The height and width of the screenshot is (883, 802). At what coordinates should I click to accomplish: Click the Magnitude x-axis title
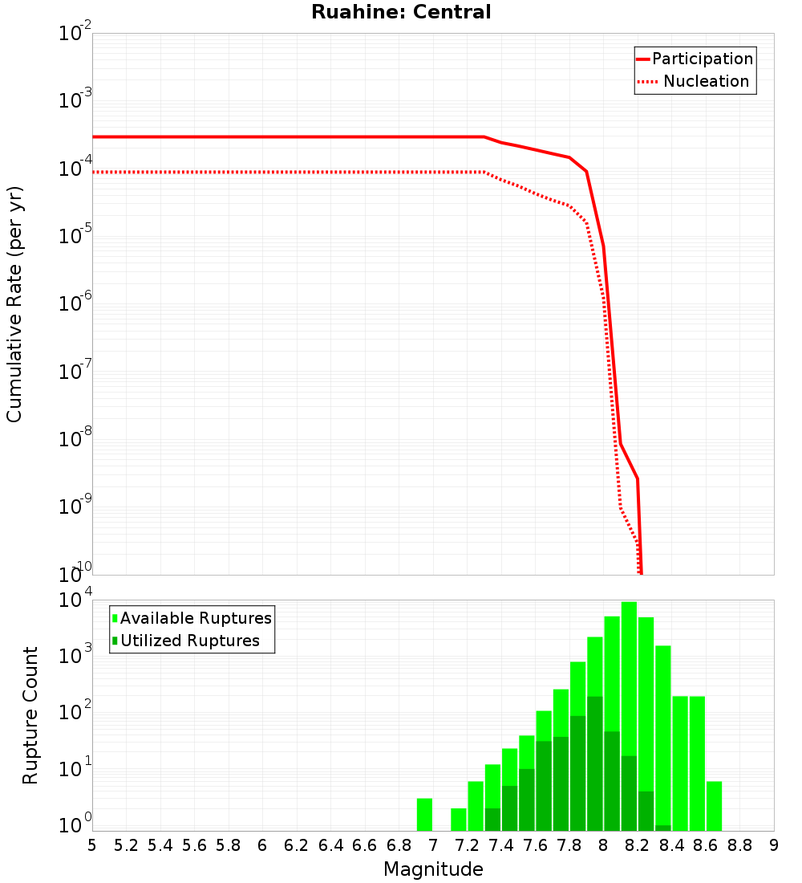pos(433,869)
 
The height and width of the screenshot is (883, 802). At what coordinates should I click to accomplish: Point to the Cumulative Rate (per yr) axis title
pos(14,303)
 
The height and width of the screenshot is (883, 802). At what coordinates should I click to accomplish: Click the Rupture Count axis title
pos(30,714)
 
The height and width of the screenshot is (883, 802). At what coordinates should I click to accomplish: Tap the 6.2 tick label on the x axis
pos(297,845)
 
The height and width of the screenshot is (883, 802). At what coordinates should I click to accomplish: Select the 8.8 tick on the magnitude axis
pos(740,845)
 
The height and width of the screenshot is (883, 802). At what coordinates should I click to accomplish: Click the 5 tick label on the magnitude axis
pos(92,845)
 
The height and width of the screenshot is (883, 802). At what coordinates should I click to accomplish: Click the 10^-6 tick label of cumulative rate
pos(75,305)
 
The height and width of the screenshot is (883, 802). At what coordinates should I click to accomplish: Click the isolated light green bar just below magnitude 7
pos(424,815)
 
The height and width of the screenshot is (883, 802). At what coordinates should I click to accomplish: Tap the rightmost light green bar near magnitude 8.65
pos(714,806)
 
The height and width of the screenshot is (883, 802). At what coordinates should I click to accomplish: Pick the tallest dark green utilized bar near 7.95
pos(594,763)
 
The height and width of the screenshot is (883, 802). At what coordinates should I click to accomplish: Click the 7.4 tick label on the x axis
pos(501,845)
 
